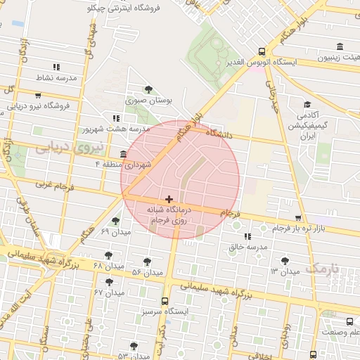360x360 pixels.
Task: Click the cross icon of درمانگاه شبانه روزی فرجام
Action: [x=169, y=199]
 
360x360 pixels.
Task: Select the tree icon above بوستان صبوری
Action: [x=148, y=89]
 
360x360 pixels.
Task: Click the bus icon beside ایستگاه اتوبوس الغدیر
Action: [x=262, y=51]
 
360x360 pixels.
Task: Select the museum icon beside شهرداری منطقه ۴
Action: [x=124, y=154]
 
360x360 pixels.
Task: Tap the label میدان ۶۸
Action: [x=108, y=267]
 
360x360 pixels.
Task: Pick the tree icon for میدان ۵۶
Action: [x=147, y=262]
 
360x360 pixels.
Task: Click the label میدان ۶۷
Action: [x=109, y=292]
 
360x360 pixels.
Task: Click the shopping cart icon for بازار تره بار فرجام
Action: [x=298, y=219]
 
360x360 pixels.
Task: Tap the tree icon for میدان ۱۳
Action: [x=284, y=261]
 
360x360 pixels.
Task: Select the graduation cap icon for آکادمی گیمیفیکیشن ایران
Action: [x=307, y=103]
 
